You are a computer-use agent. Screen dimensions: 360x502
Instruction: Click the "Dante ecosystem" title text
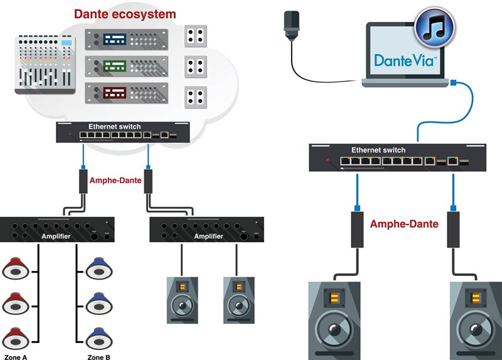124,13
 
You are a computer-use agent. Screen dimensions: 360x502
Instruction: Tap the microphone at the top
291,24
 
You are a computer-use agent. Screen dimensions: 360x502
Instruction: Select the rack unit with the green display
127,66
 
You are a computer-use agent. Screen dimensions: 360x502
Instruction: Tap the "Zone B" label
99,356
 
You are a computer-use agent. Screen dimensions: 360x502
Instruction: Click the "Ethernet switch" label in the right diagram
378,151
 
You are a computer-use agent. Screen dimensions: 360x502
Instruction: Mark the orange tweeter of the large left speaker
335,298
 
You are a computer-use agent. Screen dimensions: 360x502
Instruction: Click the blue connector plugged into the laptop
456,82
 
